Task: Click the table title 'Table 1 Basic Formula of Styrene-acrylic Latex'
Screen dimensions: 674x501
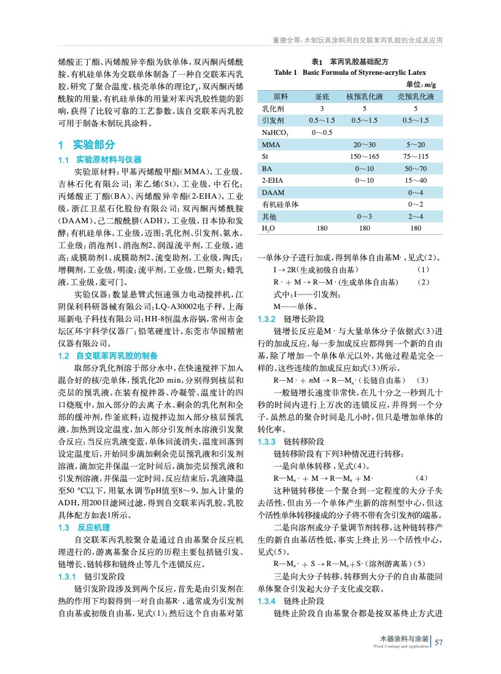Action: coord(350,72)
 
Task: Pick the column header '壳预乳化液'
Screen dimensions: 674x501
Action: coord(416,96)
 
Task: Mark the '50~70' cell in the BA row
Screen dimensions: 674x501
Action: coord(416,168)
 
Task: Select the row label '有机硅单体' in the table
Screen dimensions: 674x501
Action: coord(280,204)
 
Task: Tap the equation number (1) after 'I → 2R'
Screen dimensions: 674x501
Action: coord(422,270)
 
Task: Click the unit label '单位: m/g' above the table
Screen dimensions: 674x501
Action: coord(421,84)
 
